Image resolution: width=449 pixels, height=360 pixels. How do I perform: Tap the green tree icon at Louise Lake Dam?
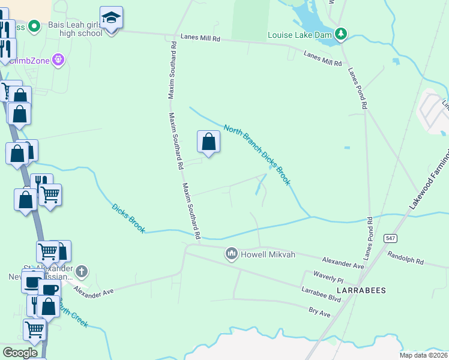(341, 33)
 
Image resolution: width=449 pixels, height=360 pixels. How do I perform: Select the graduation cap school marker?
(111, 19)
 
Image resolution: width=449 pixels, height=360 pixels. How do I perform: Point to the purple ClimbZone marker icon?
(58, 60)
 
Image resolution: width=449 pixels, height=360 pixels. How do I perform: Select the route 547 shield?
(390, 238)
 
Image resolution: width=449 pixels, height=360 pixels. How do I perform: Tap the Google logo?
(20, 352)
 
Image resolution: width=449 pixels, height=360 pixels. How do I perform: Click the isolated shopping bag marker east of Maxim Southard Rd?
(209, 142)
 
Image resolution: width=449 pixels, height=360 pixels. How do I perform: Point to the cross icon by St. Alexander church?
(82, 272)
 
